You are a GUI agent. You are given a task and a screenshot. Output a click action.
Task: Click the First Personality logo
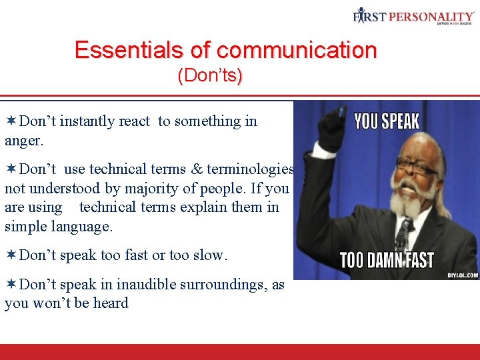coord(413,15)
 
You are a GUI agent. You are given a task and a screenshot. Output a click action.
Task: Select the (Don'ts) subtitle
coord(210,76)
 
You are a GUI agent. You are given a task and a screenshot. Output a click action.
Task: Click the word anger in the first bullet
coord(23,141)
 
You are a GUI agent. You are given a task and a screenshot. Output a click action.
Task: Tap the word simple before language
coord(27,227)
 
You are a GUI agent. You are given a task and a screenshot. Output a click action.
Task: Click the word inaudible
coord(148,285)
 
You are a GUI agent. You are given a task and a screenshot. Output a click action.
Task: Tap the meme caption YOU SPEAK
coord(387,121)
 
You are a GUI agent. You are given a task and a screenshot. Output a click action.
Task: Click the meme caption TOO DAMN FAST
coord(387,259)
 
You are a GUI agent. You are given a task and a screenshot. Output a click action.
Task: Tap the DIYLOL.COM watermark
coord(462,274)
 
